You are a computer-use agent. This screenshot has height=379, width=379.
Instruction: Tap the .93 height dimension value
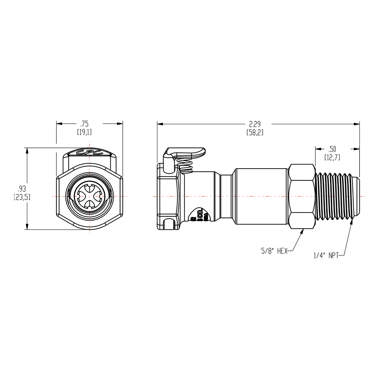[x=22, y=188]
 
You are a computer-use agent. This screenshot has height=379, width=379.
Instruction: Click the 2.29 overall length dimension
[x=255, y=124]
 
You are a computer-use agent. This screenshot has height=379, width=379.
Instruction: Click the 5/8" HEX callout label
[x=274, y=251]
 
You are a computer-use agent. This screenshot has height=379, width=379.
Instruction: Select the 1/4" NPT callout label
[x=326, y=256]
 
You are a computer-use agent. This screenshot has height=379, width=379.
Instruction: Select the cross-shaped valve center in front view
[x=89, y=196]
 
